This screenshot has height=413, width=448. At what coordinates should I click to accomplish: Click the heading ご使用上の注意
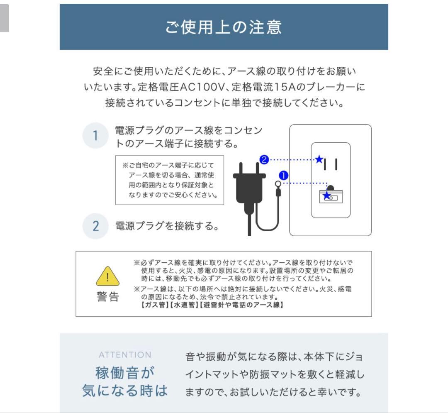pos(224,27)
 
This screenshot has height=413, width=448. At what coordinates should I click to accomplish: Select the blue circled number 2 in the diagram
pos(264,159)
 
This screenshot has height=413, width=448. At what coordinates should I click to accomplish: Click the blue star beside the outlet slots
pos(319,159)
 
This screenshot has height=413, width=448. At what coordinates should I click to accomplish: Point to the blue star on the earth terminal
pos(327,196)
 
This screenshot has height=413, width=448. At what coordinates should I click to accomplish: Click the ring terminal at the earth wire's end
pos(278,184)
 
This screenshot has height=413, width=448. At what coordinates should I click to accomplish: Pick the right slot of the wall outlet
pos(336,164)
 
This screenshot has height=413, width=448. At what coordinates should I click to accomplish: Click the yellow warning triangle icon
pos(108,276)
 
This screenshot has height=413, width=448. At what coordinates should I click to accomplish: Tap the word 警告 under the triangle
pos(108,297)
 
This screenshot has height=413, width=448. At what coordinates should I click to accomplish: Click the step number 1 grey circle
pos(95,136)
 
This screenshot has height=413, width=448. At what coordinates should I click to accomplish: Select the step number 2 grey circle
pos(95,226)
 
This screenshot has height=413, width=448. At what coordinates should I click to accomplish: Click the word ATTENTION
pos(125,355)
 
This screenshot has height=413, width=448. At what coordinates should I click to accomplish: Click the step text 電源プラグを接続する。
pos(167,227)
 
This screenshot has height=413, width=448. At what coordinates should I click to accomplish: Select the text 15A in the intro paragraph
pos(283,88)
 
